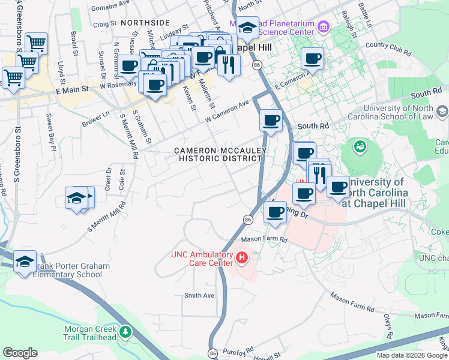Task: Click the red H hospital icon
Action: (242, 258)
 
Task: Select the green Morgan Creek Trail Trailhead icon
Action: (125, 331)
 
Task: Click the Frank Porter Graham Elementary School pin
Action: (25, 262)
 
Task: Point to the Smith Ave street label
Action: (199, 295)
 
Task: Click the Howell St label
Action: (268, 357)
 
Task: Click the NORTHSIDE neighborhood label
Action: (145, 22)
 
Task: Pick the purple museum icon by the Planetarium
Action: (324, 26)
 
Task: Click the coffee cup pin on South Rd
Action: (271, 120)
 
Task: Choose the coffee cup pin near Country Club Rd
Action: (312, 59)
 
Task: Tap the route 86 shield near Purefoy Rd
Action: (213, 354)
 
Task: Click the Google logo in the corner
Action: (20, 353)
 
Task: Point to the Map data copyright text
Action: (412, 355)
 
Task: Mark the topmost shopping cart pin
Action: (37, 43)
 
